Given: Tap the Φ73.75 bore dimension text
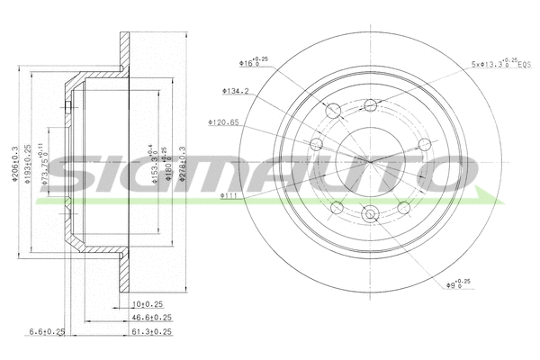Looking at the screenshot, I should coord(52,162).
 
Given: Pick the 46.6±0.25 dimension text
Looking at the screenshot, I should coord(151,318).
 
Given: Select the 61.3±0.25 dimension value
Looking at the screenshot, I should coord(151,332).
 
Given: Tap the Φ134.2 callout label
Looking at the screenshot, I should coord(236,90).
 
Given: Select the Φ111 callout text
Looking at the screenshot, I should coord(229,193).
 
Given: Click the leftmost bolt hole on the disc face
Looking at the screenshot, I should coord(315,147).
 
